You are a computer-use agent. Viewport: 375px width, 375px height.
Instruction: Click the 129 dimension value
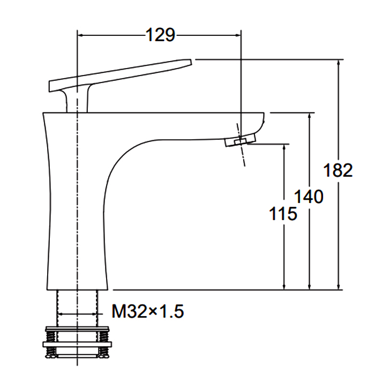160,35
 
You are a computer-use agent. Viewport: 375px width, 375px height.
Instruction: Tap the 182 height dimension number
337,170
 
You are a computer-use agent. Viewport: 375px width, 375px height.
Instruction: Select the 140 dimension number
309,197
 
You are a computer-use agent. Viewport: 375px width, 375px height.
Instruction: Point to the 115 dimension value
283,213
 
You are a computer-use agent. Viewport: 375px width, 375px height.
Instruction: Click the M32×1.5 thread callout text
148,311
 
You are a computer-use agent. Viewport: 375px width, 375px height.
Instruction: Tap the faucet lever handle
121,74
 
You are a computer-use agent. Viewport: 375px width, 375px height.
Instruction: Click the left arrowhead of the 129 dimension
80,35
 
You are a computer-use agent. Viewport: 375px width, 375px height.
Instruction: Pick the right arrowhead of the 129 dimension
238,35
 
